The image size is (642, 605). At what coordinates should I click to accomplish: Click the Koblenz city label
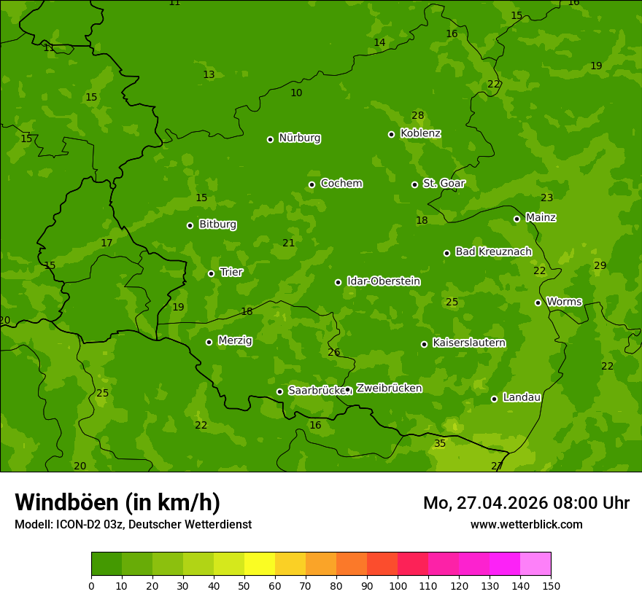(420, 133)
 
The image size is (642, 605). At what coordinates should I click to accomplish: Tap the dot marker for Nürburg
(270, 139)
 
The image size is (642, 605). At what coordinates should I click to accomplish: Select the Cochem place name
(341, 184)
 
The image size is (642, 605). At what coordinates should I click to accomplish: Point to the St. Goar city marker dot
(414, 184)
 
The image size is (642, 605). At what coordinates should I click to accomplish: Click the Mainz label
(541, 218)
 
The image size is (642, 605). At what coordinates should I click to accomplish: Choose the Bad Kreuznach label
(493, 251)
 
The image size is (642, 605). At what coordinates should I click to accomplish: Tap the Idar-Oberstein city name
(384, 281)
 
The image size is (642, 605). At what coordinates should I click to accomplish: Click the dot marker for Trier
(211, 273)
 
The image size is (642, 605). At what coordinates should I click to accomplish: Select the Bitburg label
(217, 225)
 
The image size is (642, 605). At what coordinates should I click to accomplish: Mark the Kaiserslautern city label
(469, 343)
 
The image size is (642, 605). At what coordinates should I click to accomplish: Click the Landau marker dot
(494, 399)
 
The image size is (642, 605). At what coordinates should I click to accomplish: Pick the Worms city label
(564, 302)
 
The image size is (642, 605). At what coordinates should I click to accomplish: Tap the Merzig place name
(235, 340)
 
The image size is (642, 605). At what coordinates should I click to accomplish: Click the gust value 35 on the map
(440, 443)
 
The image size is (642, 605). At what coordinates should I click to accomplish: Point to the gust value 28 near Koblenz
(417, 115)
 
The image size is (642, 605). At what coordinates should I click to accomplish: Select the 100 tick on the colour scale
(398, 585)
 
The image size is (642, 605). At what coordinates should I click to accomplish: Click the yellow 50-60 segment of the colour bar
(260, 563)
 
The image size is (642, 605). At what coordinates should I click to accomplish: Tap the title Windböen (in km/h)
(117, 502)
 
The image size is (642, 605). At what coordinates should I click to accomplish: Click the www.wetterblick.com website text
(526, 524)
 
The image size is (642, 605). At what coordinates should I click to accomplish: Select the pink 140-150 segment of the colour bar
(535, 563)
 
